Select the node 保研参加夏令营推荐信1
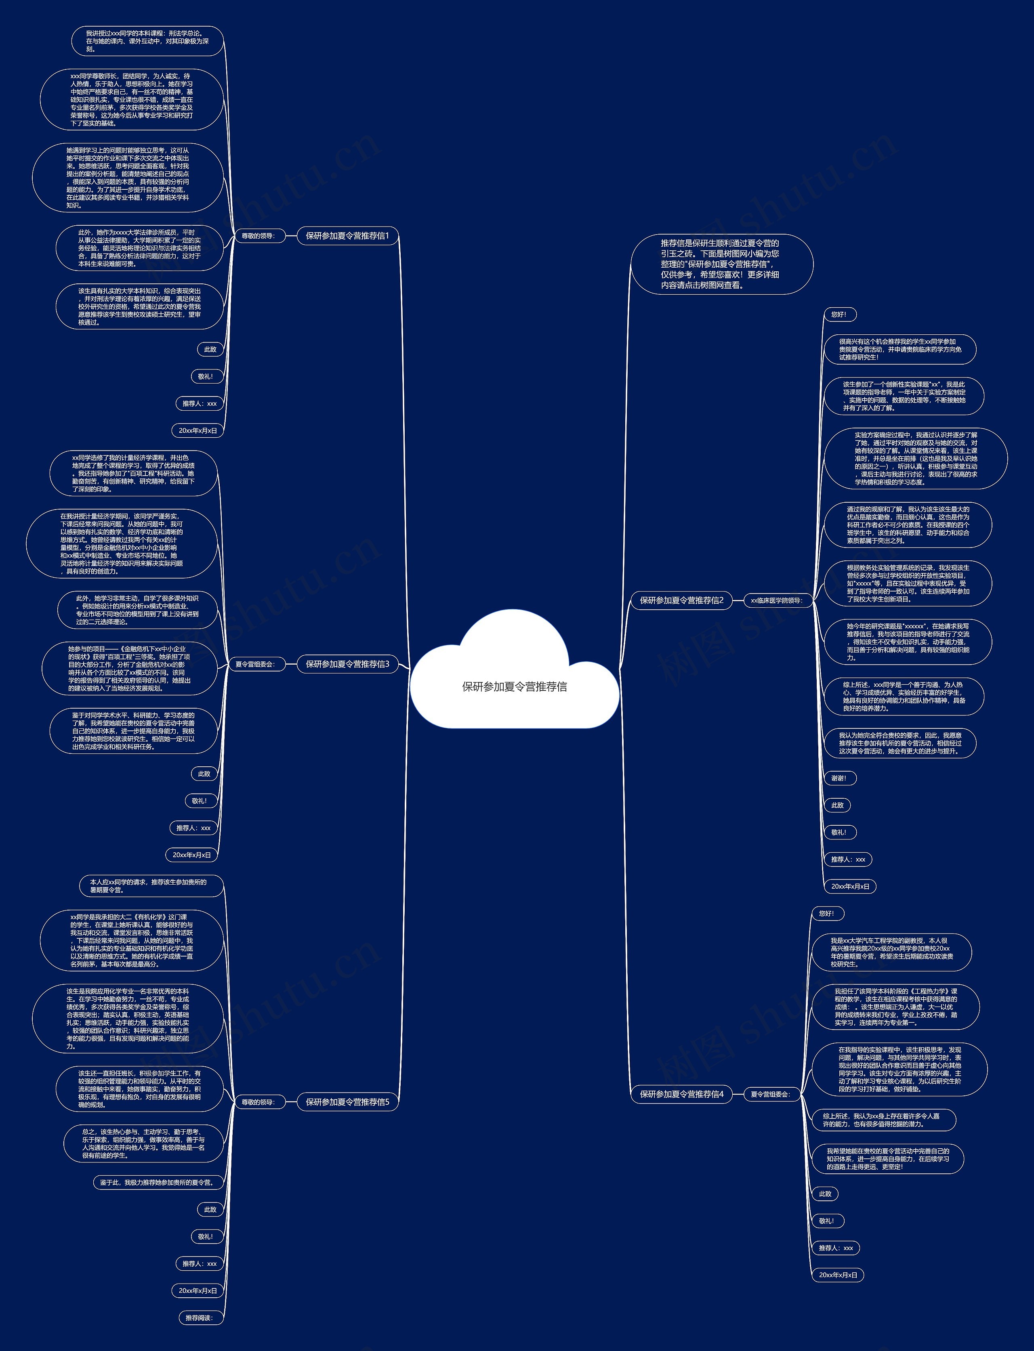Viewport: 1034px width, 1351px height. (x=348, y=236)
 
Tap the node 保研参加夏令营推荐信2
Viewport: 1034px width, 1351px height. (x=681, y=600)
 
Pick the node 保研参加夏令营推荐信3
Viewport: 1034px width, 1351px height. (x=348, y=664)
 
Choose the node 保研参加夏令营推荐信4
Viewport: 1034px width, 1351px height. (x=681, y=1094)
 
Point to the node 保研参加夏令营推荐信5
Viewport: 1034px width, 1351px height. (x=348, y=1102)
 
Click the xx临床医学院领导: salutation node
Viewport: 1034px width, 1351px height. (x=776, y=600)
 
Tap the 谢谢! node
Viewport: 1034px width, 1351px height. (x=839, y=778)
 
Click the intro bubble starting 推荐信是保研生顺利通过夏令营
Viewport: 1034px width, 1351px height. (x=721, y=264)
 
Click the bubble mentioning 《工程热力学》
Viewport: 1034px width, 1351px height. (x=895, y=1007)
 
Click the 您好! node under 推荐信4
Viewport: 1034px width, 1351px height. (x=826, y=914)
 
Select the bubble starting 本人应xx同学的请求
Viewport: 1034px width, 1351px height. (x=151, y=886)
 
